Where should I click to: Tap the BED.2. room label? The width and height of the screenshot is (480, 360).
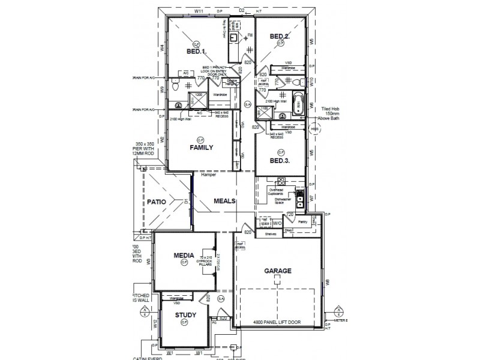click(x=280, y=37)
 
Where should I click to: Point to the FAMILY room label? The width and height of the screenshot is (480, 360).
click(x=202, y=147)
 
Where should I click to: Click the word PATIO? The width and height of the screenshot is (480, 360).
click(x=157, y=203)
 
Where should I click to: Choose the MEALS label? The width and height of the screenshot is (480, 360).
click(x=225, y=201)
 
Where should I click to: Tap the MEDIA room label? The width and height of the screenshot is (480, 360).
click(x=184, y=256)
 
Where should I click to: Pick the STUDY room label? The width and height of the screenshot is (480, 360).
click(x=186, y=314)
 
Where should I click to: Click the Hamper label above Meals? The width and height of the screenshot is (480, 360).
click(x=208, y=176)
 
